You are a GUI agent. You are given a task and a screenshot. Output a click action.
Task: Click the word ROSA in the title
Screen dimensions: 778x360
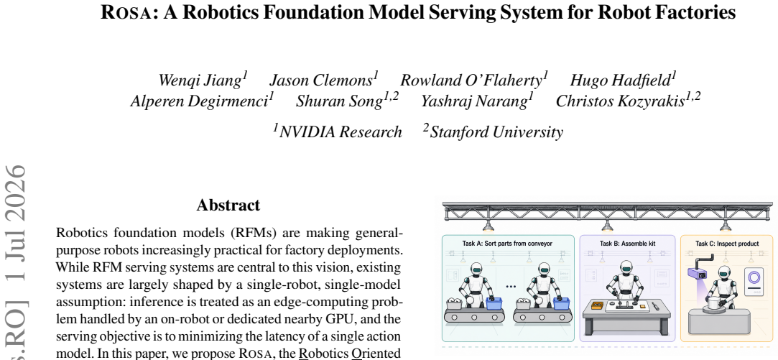(125, 13)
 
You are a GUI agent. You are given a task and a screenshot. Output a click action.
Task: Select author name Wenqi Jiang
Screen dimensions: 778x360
(200, 80)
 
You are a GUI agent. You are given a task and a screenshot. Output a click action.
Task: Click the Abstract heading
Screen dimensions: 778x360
(228, 205)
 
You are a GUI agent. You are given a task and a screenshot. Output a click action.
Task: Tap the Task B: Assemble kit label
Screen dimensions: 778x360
(628, 244)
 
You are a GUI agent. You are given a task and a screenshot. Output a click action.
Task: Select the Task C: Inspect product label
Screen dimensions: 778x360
(727, 244)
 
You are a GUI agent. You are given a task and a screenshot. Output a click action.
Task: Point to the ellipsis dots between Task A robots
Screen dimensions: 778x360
(511, 287)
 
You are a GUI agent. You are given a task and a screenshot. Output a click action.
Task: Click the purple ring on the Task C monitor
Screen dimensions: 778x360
(755, 277)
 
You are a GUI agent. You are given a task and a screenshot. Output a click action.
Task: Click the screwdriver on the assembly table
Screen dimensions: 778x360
(656, 306)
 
